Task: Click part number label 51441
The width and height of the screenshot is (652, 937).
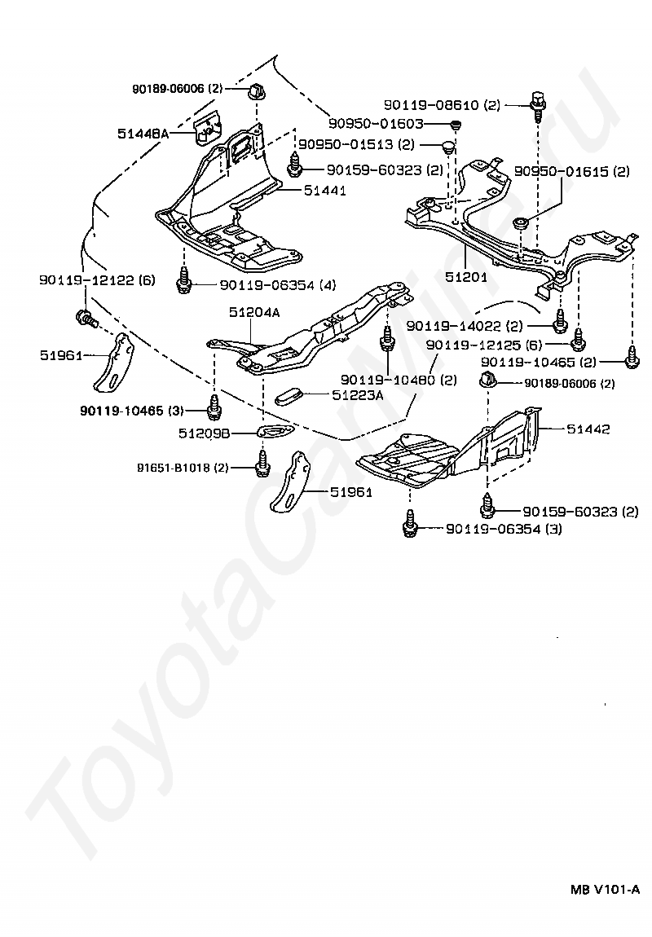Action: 324,191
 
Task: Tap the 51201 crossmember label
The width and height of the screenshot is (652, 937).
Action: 467,277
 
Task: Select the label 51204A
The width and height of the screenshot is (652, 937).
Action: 254,312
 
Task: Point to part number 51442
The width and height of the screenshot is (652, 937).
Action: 588,429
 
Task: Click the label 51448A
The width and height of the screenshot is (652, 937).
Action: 143,134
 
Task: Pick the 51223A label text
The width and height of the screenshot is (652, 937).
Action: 359,394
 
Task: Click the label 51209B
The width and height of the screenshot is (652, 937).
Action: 205,433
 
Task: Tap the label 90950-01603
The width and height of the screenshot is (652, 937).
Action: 376,124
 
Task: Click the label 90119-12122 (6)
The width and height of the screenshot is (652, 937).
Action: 98,279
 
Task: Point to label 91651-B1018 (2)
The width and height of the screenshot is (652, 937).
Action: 183,468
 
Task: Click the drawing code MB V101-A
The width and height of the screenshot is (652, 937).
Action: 605,906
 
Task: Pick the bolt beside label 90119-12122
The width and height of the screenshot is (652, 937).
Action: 86,319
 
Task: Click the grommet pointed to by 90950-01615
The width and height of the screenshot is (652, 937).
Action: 521,223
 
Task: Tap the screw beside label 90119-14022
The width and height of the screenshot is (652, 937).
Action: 561,322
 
